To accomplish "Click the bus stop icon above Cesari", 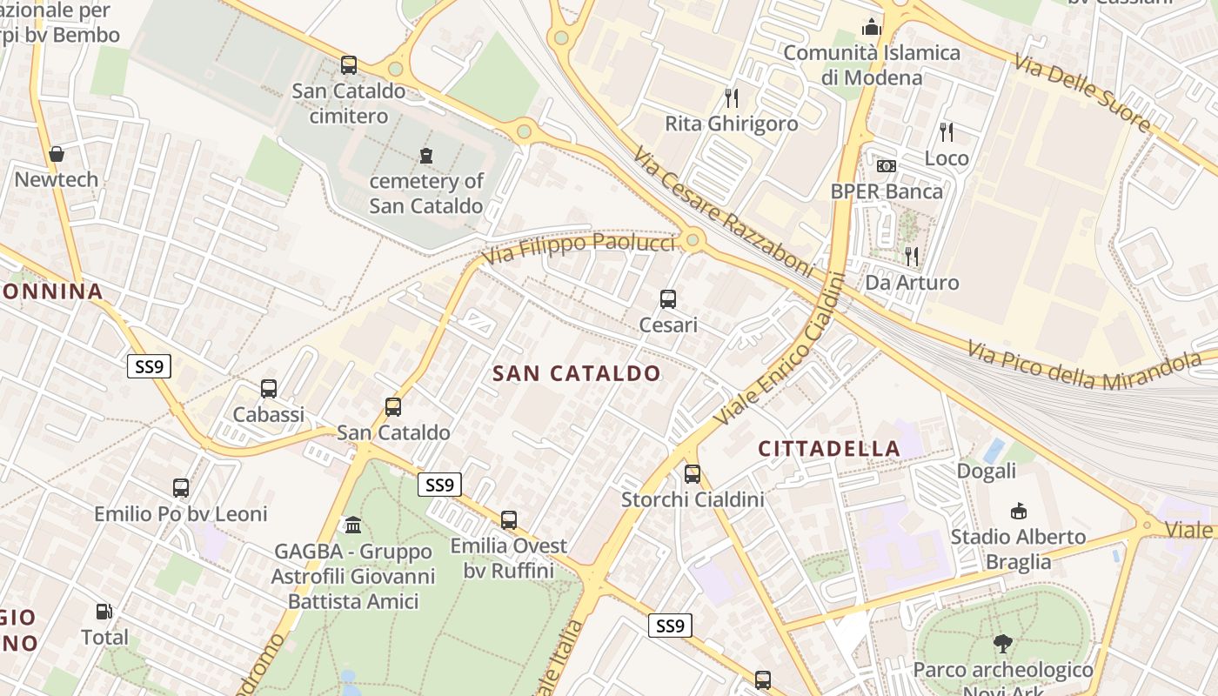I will coord(668,299).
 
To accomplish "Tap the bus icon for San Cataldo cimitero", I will coord(349,64).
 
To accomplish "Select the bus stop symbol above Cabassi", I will coord(269,389).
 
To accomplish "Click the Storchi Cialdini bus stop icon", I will coord(693,474).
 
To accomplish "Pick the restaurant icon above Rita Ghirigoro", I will coord(732,97).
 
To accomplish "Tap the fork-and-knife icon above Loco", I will coord(947,132).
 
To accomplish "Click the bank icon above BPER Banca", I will coord(887,165).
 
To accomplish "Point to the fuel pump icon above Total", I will coord(104,612).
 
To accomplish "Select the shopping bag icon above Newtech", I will coord(57,154).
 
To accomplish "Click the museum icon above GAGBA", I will coord(353,525).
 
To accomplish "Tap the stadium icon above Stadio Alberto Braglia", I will coord(1018,511).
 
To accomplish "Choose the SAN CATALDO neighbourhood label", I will coord(577,374).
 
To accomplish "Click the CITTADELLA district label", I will coord(829,449).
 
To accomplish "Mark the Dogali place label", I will coord(986,472).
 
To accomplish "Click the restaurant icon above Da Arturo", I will coord(912,256).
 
